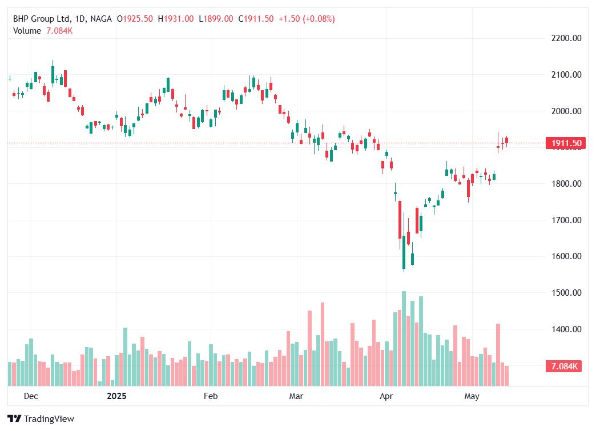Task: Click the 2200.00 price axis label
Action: click(567, 38)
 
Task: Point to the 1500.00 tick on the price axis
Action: click(567, 293)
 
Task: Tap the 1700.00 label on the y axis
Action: click(567, 220)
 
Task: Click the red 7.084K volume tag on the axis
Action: click(563, 366)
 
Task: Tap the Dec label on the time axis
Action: click(31, 396)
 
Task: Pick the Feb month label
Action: click(211, 396)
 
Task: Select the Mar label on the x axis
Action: click(296, 396)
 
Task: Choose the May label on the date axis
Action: click(472, 396)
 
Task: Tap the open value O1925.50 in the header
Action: click(135, 19)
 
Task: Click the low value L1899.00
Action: click(216, 19)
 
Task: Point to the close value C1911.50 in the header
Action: click(256, 19)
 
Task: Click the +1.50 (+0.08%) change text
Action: click(307, 19)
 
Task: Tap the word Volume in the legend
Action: click(27, 31)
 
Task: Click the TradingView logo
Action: click(42, 419)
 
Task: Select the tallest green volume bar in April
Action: click(404, 339)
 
